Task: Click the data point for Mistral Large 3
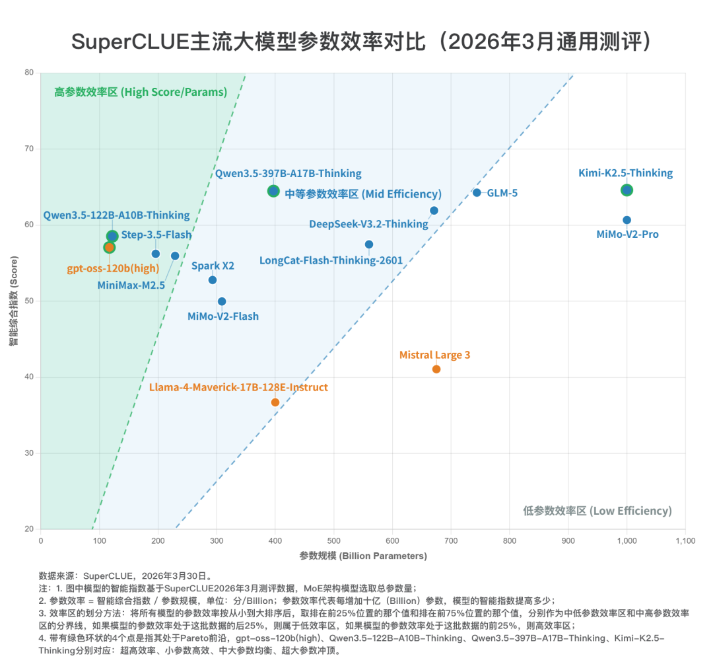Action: (436, 369)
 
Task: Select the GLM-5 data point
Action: (477, 192)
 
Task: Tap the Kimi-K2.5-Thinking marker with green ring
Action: (627, 190)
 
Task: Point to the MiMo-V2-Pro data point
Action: (627, 220)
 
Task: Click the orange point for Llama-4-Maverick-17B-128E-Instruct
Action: (275, 402)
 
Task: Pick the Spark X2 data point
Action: (213, 279)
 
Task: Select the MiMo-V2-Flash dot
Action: (222, 301)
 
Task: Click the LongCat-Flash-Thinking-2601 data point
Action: (369, 244)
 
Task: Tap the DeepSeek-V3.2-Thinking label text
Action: (368, 224)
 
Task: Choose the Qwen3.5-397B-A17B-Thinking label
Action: (288, 174)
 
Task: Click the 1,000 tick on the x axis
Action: (627, 540)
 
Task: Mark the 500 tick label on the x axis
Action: (334, 540)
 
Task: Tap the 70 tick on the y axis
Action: (30, 149)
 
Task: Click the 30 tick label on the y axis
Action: (30, 453)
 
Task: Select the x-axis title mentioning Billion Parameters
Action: (362, 556)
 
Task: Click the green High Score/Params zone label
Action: (141, 92)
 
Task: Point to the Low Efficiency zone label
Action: (597, 511)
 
